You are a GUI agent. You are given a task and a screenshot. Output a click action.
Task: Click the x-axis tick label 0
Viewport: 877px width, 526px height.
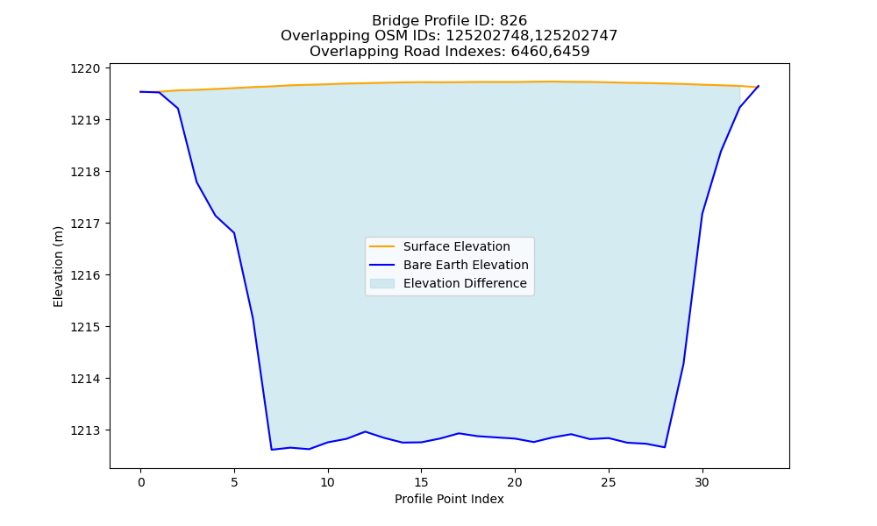(141, 482)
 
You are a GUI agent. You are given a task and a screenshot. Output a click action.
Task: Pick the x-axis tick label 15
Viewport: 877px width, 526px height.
(421, 482)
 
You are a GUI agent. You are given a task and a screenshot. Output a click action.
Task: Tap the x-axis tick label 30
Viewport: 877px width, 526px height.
(702, 482)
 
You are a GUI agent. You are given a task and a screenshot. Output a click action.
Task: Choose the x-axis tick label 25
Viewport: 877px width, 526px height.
(609, 482)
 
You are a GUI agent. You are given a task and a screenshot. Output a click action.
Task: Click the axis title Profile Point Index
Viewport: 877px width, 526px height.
(449, 499)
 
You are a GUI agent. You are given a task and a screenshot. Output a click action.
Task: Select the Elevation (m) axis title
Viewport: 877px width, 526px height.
(58, 267)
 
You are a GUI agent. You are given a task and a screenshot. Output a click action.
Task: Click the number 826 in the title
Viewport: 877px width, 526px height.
(513, 21)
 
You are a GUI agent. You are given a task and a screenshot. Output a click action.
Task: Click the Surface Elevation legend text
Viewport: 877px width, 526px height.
(456, 246)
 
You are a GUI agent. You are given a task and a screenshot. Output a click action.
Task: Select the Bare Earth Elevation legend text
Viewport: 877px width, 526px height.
(466, 265)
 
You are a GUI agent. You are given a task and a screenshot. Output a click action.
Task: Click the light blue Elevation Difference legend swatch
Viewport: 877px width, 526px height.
(382, 283)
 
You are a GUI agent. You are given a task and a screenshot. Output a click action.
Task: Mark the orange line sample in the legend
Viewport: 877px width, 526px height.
(382, 246)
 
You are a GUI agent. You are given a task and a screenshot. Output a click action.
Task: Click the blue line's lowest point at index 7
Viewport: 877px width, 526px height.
(272, 450)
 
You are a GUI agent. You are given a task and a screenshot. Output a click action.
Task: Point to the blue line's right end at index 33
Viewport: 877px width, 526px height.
(759, 86)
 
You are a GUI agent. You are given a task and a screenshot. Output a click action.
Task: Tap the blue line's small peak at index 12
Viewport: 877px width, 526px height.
(365, 431)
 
